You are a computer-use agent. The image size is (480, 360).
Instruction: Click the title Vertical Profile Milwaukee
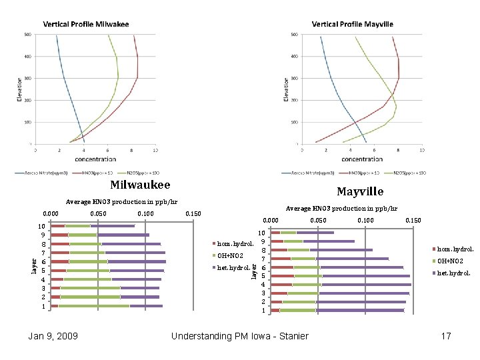[86, 24]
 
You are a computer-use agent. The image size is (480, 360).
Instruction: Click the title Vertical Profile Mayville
[352, 24]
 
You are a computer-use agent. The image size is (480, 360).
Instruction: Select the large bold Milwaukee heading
[140, 185]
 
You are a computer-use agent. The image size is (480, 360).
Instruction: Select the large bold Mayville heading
[360, 191]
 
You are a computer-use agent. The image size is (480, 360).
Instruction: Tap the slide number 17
[446, 336]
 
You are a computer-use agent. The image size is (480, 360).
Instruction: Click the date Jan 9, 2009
[53, 336]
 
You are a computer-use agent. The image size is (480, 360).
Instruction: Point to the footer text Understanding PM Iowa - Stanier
[239, 336]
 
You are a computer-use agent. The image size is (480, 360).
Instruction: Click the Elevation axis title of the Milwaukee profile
[19, 89]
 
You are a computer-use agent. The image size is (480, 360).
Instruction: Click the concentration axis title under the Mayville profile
[363, 159]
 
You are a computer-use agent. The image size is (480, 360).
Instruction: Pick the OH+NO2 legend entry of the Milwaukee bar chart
[233, 256]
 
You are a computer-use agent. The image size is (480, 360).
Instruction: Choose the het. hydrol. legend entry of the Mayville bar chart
[453, 273]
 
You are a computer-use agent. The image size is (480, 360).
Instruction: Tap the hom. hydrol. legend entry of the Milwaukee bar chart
[235, 244]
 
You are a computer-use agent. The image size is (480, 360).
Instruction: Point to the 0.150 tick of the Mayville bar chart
[414, 220]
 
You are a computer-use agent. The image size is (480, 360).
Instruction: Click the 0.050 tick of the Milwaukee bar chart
[98, 213]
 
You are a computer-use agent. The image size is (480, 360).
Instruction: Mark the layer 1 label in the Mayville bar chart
[263, 311]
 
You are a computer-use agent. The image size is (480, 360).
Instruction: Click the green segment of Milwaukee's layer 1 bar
[93, 306]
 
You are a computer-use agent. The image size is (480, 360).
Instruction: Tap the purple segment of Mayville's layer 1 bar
[360, 310]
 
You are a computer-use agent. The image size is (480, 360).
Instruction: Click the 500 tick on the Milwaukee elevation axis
[27, 34]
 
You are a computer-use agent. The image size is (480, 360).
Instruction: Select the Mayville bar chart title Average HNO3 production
[341, 209]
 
